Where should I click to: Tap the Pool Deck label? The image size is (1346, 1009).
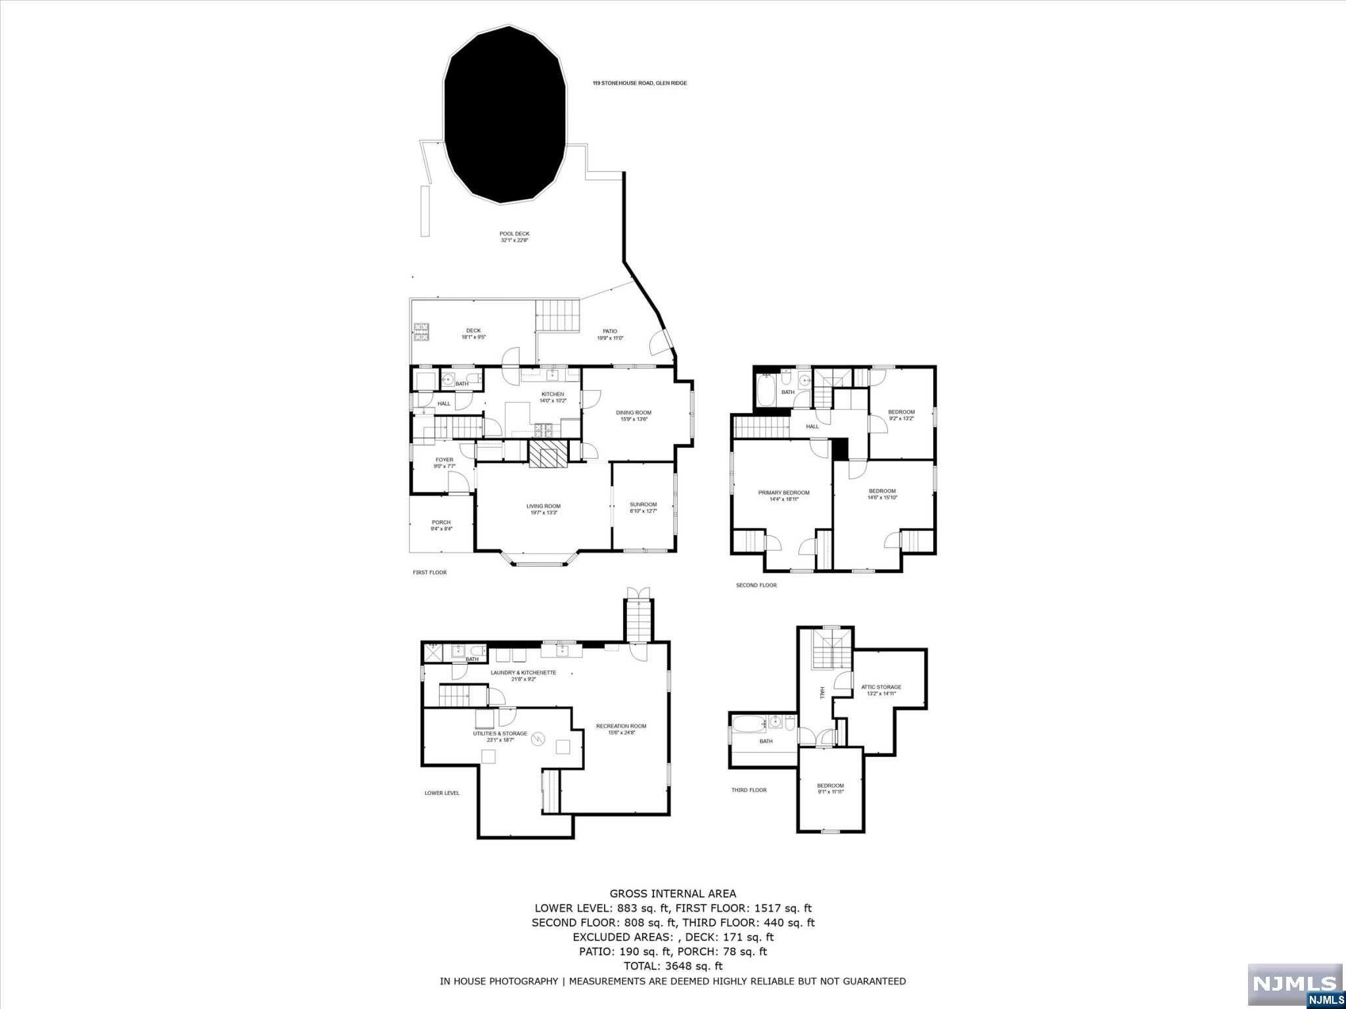pyautogui.click(x=514, y=237)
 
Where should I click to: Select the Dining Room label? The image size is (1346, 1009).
pyautogui.click(x=634, y=416)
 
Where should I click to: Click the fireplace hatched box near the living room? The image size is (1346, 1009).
pyautogui.click(x=548, y=454)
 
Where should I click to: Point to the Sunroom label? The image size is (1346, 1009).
pyautogui.click(x=643, y=508)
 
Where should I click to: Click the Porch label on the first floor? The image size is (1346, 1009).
pyautogui.click(x=441, y=526)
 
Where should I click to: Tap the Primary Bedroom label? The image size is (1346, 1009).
pyautogui.click(x=783, y=496)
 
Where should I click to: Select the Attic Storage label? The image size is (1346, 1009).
pyautogui.click(x=881, y=690)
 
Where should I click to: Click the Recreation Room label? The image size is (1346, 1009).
pyautogui.click(x=621, y=729)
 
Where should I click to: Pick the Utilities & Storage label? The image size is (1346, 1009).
pyautogui.click(x=499, y=736)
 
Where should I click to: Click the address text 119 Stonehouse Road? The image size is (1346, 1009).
pyautogui.click(x=639, y=83)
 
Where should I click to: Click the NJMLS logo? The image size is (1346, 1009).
pyautogui.click(x=1294, y=985)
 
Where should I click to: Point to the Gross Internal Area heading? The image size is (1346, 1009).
pyautogui.click(x=672, y=893)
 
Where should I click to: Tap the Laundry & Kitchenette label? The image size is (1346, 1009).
pyautogui.click(x=523, y=676)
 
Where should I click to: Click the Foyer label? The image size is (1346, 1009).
pyautogui.click(x=444, y=463)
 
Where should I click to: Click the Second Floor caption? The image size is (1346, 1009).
pyautogui.click(x=756, y=585)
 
